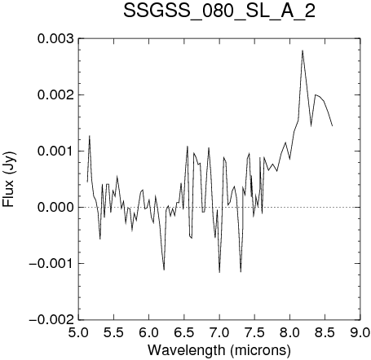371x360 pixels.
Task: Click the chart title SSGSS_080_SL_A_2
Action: coord(219,12)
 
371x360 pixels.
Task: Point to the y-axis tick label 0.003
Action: coord(55,39)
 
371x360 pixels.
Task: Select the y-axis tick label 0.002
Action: coord(55,95)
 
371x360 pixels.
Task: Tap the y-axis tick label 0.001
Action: coord(55,151)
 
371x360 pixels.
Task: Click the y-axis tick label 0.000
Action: coord(55,207)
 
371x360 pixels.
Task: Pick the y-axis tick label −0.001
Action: coord(51,263)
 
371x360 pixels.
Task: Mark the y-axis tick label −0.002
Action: coord(51,319)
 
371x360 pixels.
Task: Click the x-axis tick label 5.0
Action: coord(78,332)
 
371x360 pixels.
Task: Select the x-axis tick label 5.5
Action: coord(114,332)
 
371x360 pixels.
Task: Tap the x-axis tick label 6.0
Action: coord(149,332)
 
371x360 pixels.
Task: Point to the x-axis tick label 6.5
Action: coord(184,332)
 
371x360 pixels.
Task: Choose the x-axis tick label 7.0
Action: coord(219,332)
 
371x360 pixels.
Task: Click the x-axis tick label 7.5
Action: coord(254,332)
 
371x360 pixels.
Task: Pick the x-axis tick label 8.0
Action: coord(289,332)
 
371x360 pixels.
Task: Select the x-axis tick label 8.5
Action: coord(325,332)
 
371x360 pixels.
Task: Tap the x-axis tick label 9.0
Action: coord(360,332)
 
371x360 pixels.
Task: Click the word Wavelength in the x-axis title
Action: coord(186,350)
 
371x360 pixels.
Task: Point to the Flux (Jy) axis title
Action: coord(9,179)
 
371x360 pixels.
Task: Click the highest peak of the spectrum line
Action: coord(303,50)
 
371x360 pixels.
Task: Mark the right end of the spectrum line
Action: coord(332,125)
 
